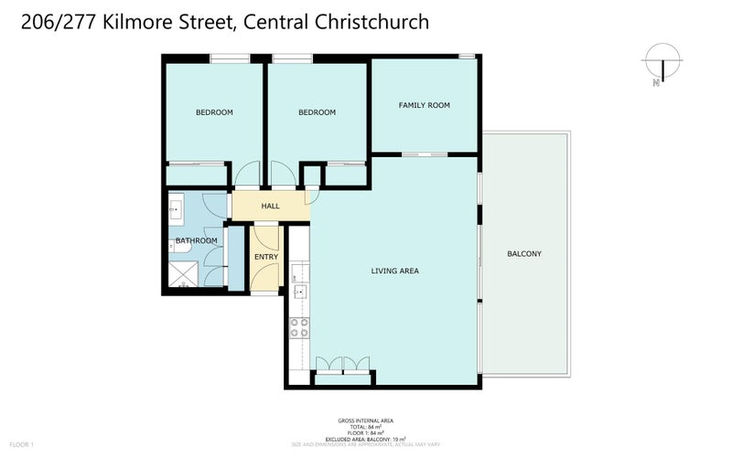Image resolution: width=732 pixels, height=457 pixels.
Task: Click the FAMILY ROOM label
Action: coord(424,106)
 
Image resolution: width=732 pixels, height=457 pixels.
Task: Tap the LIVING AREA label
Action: coord(395,271)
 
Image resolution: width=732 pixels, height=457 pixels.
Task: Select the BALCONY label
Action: coord(524,254)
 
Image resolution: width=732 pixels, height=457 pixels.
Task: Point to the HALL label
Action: coord(270,207)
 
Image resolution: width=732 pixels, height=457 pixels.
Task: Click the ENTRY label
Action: coord(266,257)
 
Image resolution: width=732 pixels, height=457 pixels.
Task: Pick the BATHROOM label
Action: coord(197,241)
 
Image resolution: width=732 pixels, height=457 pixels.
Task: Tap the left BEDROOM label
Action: coord(214,112)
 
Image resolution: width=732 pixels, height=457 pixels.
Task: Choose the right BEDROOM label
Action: coord(317,112)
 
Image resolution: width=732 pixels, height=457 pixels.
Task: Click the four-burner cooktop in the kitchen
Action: coord(299,327)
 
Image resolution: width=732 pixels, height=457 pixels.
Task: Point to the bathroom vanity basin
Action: coord(175,209)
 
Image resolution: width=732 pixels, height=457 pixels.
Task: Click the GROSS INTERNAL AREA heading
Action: coord(365,421)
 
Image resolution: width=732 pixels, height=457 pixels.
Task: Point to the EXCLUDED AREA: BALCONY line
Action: coord(365,439)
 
